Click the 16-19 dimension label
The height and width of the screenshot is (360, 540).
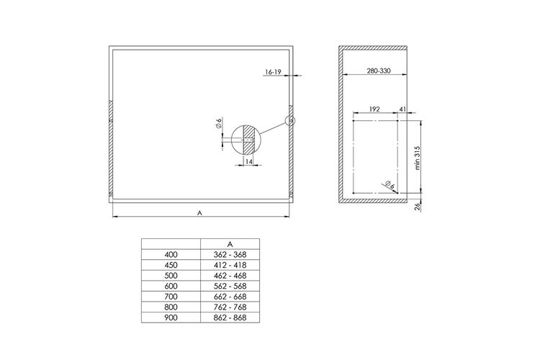273,72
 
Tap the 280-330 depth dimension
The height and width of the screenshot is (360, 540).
379,71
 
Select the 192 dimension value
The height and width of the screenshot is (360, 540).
374,109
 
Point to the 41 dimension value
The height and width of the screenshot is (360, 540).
402,109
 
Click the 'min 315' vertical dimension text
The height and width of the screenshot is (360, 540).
418,158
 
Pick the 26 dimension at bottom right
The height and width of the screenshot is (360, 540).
418,207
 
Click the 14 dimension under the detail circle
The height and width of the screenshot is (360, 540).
249,161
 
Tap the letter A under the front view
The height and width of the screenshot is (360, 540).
199,213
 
